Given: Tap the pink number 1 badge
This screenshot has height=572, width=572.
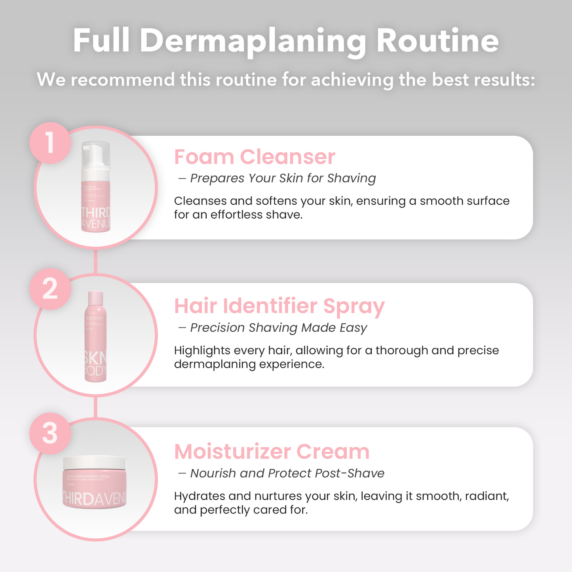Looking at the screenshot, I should click(50, 143).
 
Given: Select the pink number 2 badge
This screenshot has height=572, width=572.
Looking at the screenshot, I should click(50, 289).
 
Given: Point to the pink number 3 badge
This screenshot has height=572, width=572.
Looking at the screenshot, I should click(50, 433).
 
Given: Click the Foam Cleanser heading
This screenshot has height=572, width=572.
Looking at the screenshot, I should click(255, 157).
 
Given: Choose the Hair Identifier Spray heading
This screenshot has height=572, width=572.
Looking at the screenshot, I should click(279, 306).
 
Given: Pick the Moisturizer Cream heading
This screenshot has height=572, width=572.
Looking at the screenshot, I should click(272, 452).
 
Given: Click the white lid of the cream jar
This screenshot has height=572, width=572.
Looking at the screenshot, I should click(95, 462).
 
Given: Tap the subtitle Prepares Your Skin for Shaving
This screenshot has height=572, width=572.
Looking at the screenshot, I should click(283, 179).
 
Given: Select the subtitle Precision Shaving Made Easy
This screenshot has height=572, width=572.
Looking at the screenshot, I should click(278, 328).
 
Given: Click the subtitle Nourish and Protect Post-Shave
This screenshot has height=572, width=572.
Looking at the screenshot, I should click(287, 473).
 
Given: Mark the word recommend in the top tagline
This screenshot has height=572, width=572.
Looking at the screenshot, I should click(123, 80).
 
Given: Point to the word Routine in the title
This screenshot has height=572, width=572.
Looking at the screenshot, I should click(437, 41).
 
